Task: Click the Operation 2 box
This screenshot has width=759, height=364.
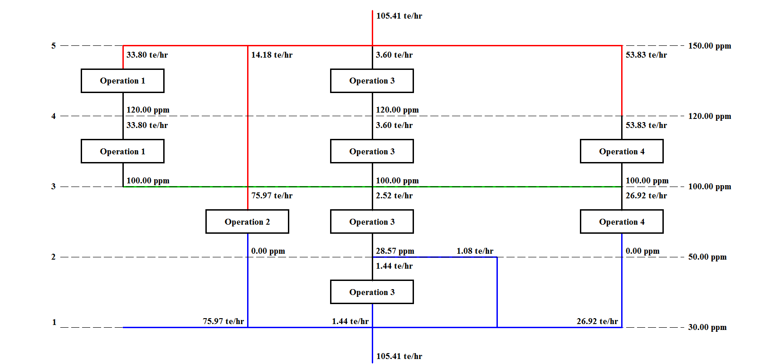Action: (247, 221)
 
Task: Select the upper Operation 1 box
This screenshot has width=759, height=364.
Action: (122, 81)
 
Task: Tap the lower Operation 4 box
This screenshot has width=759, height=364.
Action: (622, 221)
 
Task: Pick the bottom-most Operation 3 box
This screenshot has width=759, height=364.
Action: (372, 292)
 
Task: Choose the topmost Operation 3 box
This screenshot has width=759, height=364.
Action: (372, 81)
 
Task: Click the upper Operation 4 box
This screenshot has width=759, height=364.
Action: (622, 151)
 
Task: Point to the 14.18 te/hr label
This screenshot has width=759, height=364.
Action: (272, 55)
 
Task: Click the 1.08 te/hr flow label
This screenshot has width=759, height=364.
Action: (475, 251)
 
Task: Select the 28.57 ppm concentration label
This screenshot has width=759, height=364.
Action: (395, 251)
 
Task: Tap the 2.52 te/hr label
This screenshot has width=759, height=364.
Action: (394, 196)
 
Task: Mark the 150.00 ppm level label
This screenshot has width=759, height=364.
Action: (709, 46)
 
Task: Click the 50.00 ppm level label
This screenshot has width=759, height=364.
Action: (707, 257)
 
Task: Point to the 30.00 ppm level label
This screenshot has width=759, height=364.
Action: (707, 327)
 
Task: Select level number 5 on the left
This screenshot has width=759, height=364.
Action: (54, 46)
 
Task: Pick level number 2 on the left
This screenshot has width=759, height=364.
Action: (54, 257)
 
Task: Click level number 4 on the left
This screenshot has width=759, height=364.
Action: (54, 116)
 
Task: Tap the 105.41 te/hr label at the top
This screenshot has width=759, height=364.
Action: (399, 16)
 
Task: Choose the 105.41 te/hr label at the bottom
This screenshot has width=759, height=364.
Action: (399, 356)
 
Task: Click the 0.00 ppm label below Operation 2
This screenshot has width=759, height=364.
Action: (268, 251)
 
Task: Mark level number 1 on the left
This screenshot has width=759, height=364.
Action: (54, 322)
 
